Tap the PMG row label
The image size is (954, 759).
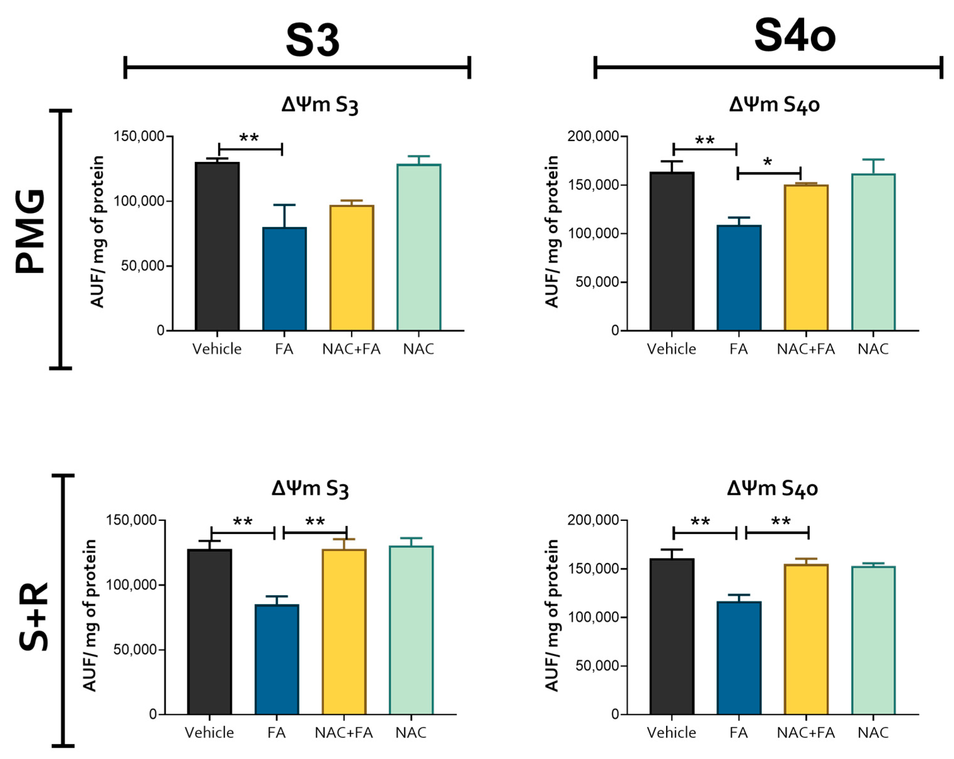pyautogui.click(x=30, y=231)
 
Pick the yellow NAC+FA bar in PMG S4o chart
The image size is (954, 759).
pyautogui.click(x=806, y=258)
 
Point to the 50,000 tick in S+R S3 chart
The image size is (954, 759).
pyautogui.click(x=135, y=650)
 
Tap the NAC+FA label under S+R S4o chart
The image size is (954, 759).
pyautogui.click(x=806, y=733)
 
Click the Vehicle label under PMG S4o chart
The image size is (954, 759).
pyautogui.click(x=671, y=349)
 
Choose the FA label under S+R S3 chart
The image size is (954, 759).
pyautogui.click(x=277, y=733)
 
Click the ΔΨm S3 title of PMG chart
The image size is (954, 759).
pyautogui.click(x=319, y=105)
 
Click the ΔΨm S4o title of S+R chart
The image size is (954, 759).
pyautogui.click(x=772, y=489)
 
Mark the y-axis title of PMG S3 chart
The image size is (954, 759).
pyautogui.click(x=97, y=231)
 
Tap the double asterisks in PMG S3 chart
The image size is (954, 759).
pyautogui.click(x=249, y=138)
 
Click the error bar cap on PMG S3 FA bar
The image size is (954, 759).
pyautogui.click(x=284, y=205)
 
